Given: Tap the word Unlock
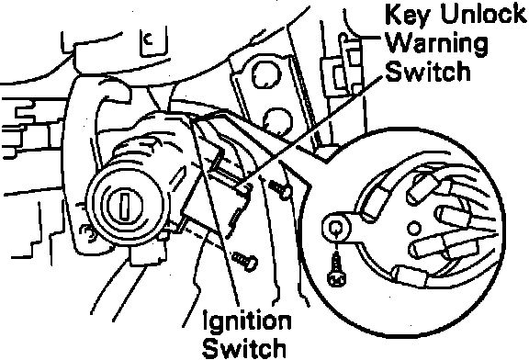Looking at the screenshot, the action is (483, 15).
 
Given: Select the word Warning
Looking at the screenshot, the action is (436, 44).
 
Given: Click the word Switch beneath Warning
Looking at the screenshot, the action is (427, 72).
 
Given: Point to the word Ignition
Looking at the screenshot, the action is (247, 321).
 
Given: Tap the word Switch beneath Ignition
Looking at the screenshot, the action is (244, 347).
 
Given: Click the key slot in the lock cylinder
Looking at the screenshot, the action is (124, 206).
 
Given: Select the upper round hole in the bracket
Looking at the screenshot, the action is (266, 75).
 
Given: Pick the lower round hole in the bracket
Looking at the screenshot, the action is (277, 121).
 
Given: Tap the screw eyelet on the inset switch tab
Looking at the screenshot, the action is (336, 228).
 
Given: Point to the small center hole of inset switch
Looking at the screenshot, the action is (414, 228).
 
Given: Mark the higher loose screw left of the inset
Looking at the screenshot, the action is (280, 189).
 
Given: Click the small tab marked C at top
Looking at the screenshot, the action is (152, 42).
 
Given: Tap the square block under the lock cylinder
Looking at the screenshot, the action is (148, 253).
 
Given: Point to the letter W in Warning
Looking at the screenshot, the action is (400, 43).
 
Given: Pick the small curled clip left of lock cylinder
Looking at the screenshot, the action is (86, 232).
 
